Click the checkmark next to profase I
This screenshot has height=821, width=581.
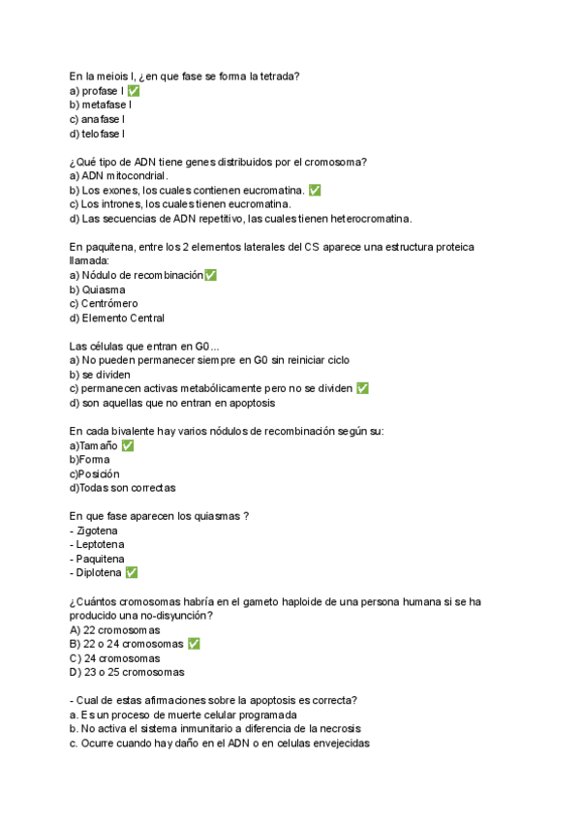point(134,90)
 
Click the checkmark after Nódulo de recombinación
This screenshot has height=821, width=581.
point(211,275)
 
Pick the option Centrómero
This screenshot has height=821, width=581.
point(109,303)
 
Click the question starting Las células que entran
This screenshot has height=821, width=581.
point(144,346)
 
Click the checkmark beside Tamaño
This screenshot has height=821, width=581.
point(128,445)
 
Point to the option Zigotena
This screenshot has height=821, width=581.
point(97,531)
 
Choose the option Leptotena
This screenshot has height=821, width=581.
point(99,544)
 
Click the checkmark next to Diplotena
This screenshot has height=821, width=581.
point(132,573)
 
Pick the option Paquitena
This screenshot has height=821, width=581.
point(99,559)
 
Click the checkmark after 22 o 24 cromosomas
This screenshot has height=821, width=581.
point(194,644)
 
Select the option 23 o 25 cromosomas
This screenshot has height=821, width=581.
point(127,672)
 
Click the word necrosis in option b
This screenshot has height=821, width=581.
point(334,729)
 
